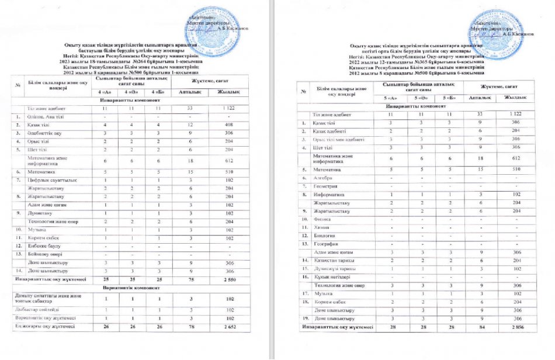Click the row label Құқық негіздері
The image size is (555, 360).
[x=331, y=276]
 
